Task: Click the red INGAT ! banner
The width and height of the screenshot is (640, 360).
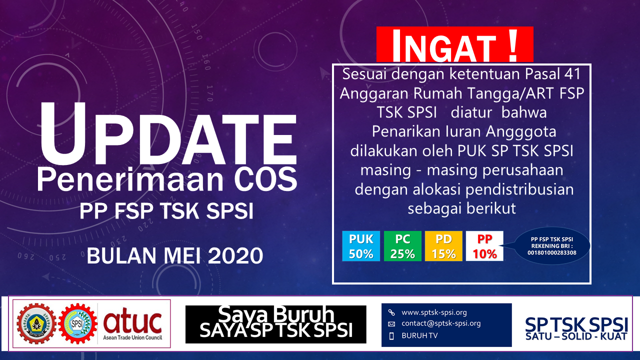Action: pos(454,44)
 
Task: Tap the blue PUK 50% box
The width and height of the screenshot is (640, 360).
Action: pos(361,246)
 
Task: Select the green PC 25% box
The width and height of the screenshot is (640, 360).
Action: pos(402,246)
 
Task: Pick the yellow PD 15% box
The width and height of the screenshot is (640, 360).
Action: pos(443,246)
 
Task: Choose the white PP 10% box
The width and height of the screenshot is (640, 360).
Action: pos(484,246)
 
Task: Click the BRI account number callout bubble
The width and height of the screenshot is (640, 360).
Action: pos(552,246)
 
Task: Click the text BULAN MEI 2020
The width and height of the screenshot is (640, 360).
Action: pos(175,256)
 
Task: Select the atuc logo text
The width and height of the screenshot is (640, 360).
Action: pos(132,320)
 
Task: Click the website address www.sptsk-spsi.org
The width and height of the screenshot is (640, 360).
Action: pos(434,312)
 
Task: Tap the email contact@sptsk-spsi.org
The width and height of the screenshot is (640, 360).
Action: pos(441,323)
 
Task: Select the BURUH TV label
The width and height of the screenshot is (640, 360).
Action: pos(419,335)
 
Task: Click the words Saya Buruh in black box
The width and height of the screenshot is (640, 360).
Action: pos(276,314)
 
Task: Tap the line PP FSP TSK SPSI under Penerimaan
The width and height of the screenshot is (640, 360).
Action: pos(166,211)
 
